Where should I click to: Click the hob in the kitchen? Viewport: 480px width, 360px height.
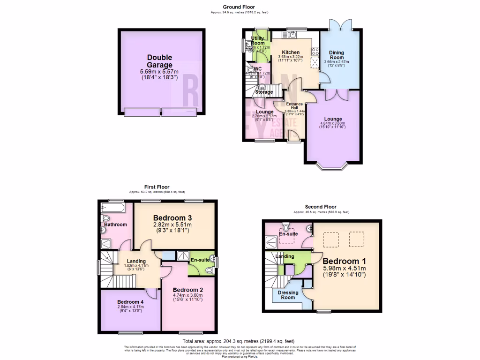[314, 52]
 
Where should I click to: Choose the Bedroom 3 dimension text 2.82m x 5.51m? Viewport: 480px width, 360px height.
[172, 225]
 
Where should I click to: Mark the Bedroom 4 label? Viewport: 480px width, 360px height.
[130, 301]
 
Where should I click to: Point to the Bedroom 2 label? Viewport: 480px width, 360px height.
[187, 289]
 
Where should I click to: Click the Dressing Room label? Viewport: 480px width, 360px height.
[288, 295]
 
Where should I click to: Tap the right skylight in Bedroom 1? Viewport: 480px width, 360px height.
[356, 240]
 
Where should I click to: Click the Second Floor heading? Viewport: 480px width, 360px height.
[321, 207]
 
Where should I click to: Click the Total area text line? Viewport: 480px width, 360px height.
[239, 341]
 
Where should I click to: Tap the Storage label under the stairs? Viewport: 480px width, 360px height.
[264, 92]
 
